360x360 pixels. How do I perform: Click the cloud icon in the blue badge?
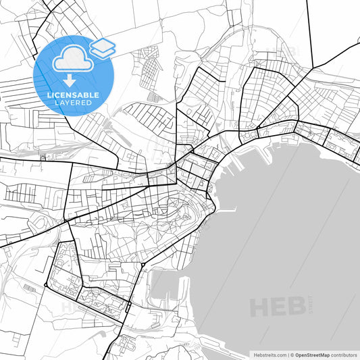[70, 58]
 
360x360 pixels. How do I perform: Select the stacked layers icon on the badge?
[102, 47]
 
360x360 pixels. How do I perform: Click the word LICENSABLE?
[73, 95]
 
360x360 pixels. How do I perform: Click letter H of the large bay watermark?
[260, 307]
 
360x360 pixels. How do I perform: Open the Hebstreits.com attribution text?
[269, 354]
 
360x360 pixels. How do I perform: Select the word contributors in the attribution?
[344, 354]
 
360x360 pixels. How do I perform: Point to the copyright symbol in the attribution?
[292, 354]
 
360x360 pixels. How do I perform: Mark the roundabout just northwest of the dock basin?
[143, 264]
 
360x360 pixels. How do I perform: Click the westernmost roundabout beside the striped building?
[45, 286]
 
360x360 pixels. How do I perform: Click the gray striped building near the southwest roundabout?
[29, 288]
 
